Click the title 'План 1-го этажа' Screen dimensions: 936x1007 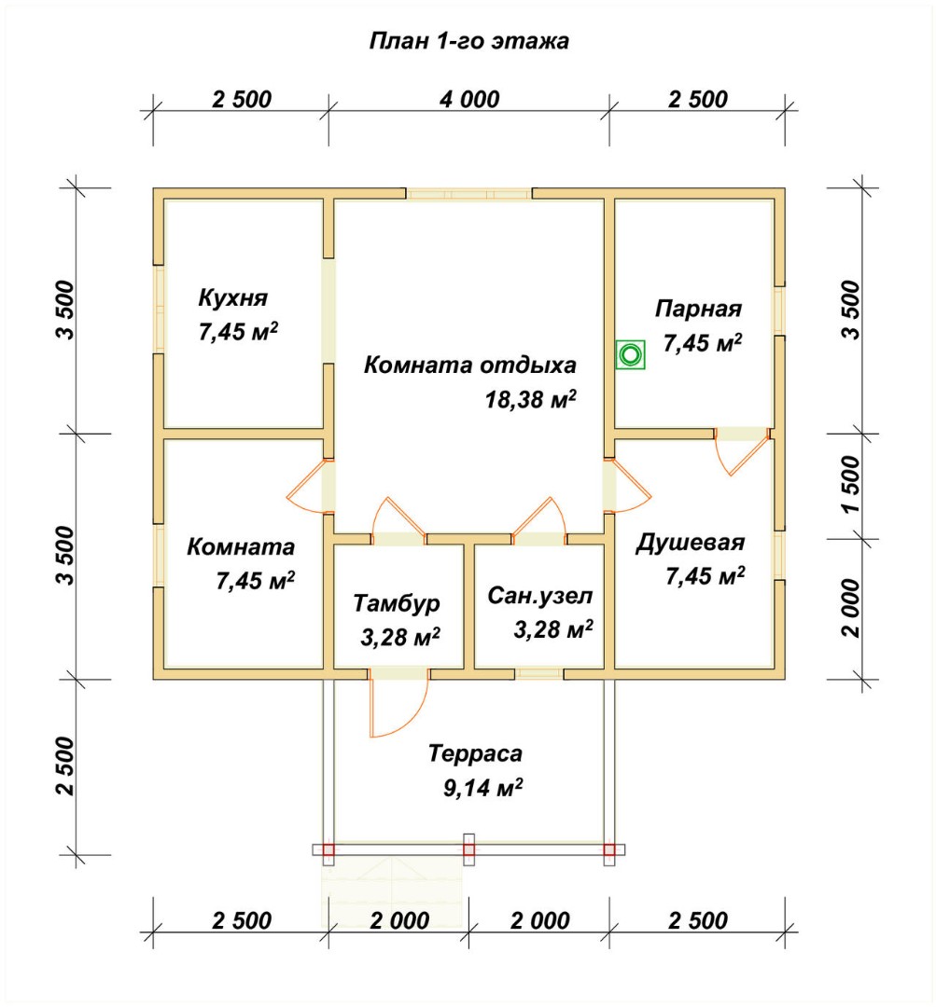click(x=468, y=41)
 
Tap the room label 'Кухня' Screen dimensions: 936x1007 click(x=232, y=298)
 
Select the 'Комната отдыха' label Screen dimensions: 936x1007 click(x=470, y=366)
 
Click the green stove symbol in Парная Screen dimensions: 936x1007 click(x=631, y=354)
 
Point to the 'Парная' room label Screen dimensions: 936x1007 click(x=698, y=309)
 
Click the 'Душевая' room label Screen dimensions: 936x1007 click(x=691, y=543)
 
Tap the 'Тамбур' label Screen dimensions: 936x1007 click(x=397, y=603)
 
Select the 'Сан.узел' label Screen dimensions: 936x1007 click(x=540, y=596)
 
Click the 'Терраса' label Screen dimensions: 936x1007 click(x=475, y=753)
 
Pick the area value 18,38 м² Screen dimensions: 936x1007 click(x=530, y=399)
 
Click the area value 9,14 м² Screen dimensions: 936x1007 click(x=482, y=787)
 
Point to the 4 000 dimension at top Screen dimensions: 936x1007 click(x=469, y=100)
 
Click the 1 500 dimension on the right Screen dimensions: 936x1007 click(x=850, y=484)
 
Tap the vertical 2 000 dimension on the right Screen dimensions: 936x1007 click(x=850, y=608)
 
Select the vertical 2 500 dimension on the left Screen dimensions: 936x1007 click(x=65, y=766)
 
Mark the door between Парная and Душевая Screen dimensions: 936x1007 click(x=743, y=450)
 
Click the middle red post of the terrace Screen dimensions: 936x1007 click(x=469, y=849)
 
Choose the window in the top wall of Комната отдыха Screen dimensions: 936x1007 click(x=469, y=194)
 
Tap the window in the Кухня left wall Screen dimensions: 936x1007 click(x=159, y=309)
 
